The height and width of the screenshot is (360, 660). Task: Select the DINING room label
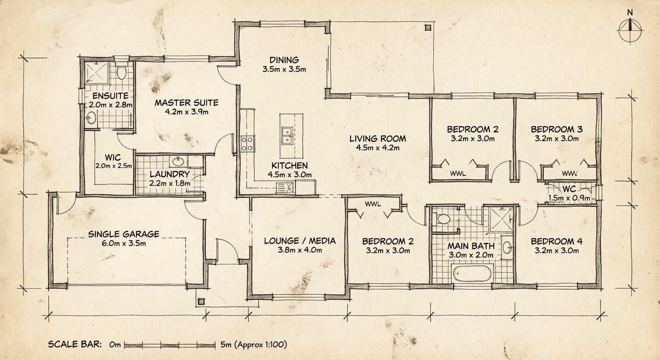click(x=284, y=60)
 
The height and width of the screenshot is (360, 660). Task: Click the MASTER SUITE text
click(x=187, y=103)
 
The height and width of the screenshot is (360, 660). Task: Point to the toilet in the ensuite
click(x=122, y=72)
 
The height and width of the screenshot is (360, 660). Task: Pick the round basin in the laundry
click(x=178, y=162)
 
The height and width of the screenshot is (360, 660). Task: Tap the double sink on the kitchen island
click(x=287, y=136)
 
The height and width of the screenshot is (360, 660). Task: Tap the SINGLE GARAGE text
click(x=124, y=234)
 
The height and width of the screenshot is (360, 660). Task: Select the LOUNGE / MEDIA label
click(x=300, y=241)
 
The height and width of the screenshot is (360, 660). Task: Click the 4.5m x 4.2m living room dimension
click(x=377, y=148)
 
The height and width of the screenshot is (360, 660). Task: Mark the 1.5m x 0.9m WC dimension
click(x=569, y=198)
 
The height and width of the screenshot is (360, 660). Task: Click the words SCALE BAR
click(x=75, y=345)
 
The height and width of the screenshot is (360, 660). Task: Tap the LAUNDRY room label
click(x=163, y=174)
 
